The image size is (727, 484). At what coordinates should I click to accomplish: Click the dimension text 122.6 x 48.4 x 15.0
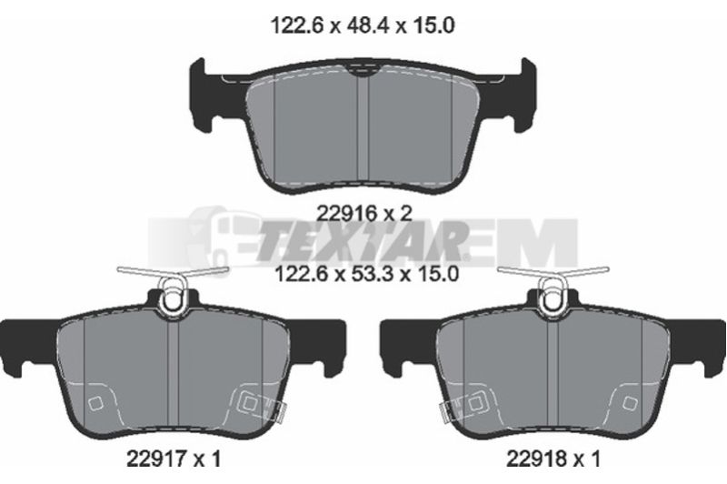tap(363, 25)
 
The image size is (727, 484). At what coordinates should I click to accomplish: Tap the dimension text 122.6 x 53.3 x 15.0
tap(367, 273)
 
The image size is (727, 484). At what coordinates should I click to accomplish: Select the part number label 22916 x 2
tap(364, 214)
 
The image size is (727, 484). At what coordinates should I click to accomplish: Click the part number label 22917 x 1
tap(174, 459)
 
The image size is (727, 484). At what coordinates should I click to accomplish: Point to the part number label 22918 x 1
tap(553, 459)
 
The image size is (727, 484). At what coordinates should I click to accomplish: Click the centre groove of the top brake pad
tap(363, 130)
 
